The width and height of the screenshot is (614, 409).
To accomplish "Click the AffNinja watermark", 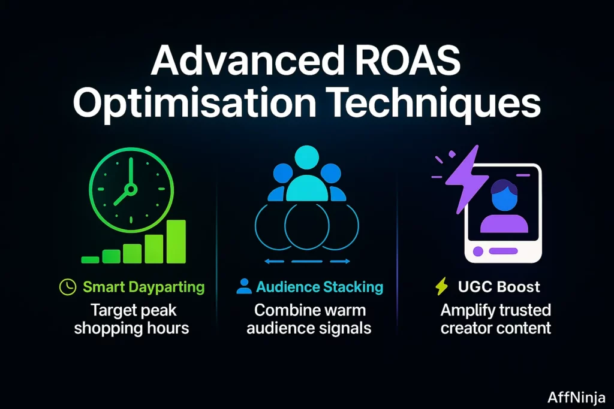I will [x=576, y=397].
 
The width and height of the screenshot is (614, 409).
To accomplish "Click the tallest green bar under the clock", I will [x=176, y=241].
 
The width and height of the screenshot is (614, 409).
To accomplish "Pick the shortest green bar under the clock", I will [x=90, y=259].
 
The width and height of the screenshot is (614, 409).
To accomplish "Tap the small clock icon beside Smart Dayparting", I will [x=68, y=287].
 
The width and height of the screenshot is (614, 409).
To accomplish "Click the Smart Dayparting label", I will [x=143, y=287].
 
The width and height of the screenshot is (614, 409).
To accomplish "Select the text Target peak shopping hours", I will [x=132, y=319].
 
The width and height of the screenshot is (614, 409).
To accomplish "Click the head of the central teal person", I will [x=306, y=159].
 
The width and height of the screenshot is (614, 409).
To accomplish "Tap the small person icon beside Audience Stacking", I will [x=244, y=287].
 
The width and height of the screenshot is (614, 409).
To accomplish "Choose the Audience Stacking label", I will [x=319, y=287].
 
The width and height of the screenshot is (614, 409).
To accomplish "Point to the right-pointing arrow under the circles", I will [x=341, y=261].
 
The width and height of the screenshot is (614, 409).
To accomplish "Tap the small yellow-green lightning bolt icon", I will [x=442, y=287].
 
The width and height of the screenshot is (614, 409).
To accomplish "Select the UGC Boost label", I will [x=498, y=287].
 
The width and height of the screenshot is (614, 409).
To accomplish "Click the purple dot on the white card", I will [x=478, y=252].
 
